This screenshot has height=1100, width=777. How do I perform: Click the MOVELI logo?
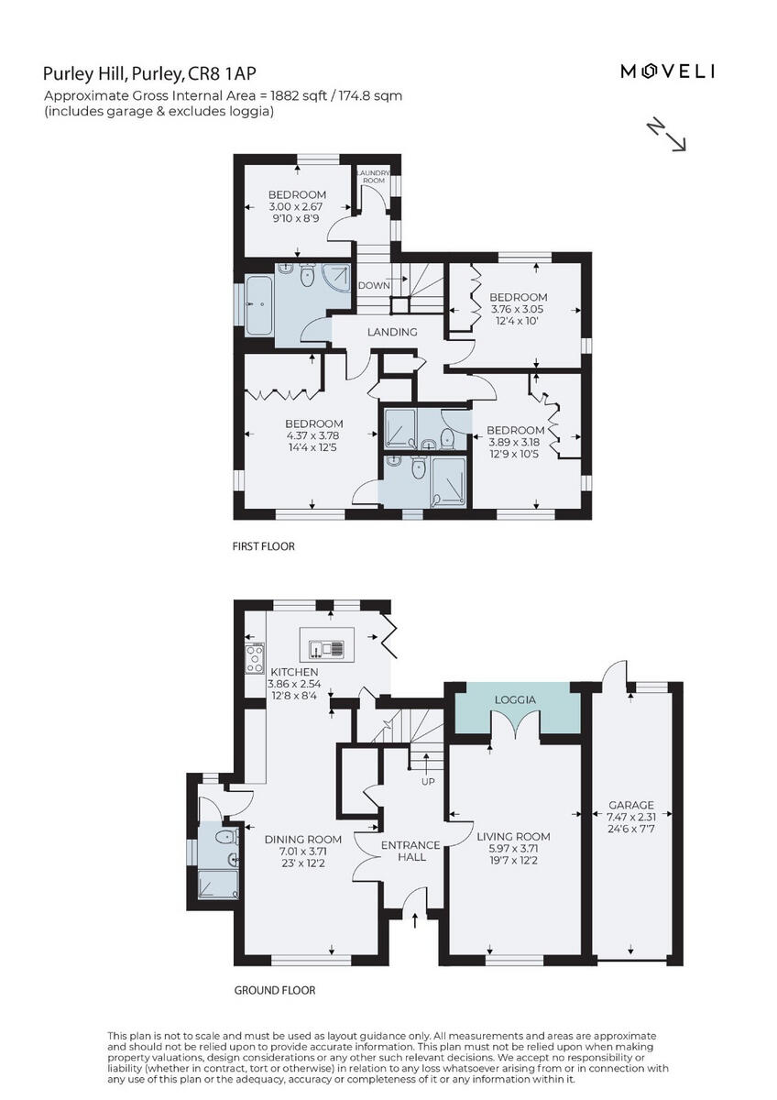click(x=667, y=71)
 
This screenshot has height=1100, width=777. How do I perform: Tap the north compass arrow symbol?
click(x=667, y=134)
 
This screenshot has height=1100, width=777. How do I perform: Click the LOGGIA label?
click(x=514, y=699)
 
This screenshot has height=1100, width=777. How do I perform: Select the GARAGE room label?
click(x=631, y=805)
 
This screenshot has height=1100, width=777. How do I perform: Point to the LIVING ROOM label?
click(x=513, y=836)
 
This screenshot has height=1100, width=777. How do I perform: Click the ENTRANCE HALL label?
click(x=410, y=851)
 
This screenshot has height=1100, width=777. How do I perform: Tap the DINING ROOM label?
click(x=302, y=839)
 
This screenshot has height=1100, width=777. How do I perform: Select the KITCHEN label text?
click(x=293, y=672)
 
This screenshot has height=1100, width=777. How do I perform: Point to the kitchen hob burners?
click(x=254, y=657)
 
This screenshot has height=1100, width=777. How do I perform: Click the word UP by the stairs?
click(x=427, y=782)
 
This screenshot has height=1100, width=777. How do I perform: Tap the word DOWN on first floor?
click(x=374, y=285)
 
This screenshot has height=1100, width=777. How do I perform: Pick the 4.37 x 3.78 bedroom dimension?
click(x=297, y=436)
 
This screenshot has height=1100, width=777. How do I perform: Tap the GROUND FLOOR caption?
click(x=274, y=990)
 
